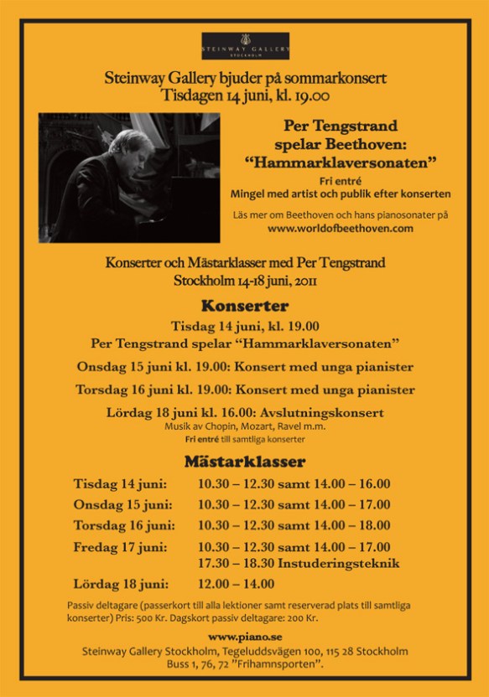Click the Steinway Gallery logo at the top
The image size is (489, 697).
click(x=245, y=46)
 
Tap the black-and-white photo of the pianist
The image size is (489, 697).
click(x=129, y=178)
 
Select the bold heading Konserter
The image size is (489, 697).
click(x=245, y=306)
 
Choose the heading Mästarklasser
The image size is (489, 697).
click(x=245, y=462)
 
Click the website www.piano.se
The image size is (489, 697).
click(x=245, y=638)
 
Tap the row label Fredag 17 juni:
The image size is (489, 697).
click(x=120, y=546)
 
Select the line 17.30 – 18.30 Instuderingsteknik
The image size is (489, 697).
click(x=299, y=563)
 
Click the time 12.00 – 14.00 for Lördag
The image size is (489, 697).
click(x=236, y=584)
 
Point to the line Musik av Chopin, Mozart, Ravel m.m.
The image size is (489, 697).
click(x=245, y=427)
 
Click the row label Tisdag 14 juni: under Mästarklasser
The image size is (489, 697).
click(x=120, y=483)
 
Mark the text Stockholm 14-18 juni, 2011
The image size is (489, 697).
click(x=245, y=280)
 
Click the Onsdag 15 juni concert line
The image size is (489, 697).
click(x=245, y=367)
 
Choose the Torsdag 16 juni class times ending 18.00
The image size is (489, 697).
click(x=294, y=525)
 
